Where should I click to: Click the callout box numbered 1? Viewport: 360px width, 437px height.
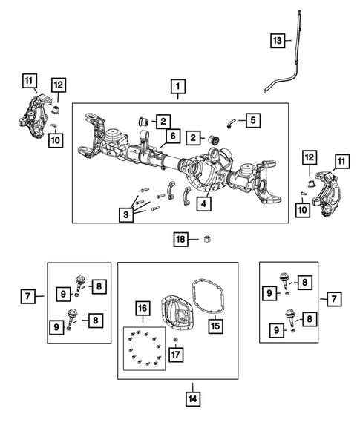(x=178, y=87)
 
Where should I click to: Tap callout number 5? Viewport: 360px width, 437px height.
(x=252, y=119)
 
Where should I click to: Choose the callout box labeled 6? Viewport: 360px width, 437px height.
(x=171, y=136)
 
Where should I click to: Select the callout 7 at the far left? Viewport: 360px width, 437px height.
(x=26, y=298)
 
